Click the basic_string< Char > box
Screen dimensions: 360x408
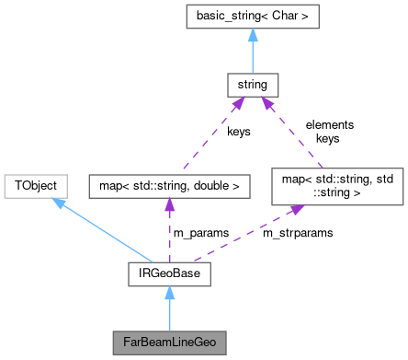pos(252,16)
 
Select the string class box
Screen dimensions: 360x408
pos(252,87)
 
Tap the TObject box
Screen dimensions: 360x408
pos(34,184)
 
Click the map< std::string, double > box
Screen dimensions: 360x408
pos(168,185)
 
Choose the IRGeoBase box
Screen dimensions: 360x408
pos(168,273)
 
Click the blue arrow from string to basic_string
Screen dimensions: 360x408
pos(252,53)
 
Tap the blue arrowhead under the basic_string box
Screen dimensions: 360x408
pos(252,34)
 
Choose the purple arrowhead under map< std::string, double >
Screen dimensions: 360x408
pos(168,203)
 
